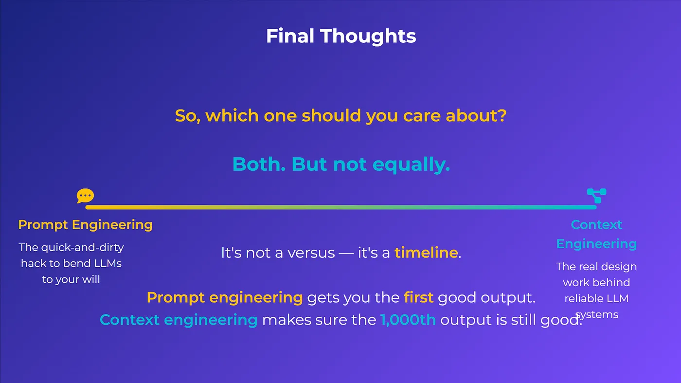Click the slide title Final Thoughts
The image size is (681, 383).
[x=341, y=36]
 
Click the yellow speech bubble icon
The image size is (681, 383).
[x=85, y=196]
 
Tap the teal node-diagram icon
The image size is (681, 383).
[x=596, y=196]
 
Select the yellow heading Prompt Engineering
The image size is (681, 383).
[x=85, y=225]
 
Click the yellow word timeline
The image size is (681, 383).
[x=426, y=253]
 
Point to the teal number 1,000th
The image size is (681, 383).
[x=408, y=320]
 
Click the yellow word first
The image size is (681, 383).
[x=418, y=297]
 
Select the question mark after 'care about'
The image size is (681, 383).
[x=502, y=116]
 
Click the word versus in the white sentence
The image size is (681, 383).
[x=311, y=253]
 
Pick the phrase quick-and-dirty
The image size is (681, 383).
[x=82, y=248]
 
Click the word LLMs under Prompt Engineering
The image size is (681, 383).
[x=108, y=263]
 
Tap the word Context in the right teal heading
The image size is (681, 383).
[x=596, y=225]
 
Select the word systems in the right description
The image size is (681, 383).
[x=597, y=315]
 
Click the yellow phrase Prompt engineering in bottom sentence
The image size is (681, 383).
[x=225, y=298]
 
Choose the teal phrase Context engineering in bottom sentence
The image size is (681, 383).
[x=179, y=320]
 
